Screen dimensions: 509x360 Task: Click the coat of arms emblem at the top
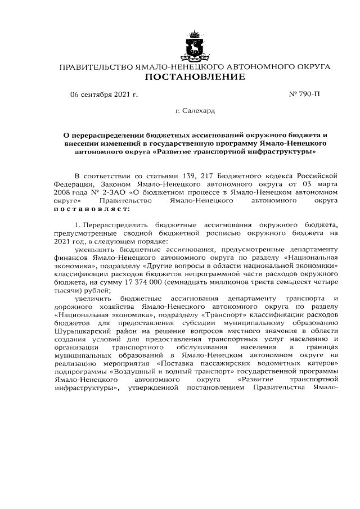pos(195,44)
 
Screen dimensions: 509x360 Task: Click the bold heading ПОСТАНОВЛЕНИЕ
pos(195,77)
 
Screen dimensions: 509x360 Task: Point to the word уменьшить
pos(93,249)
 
